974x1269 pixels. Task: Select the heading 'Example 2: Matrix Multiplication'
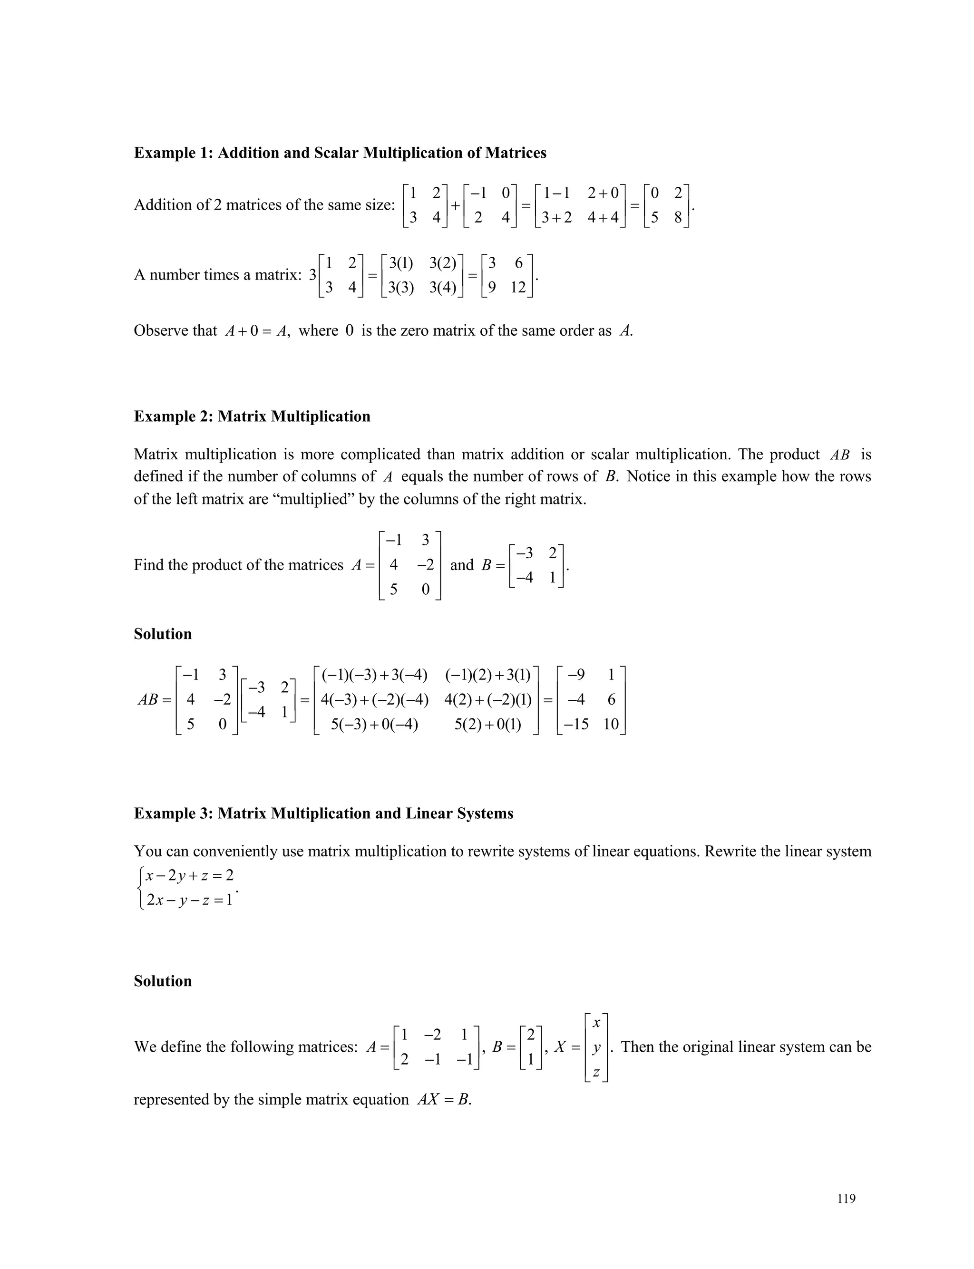point(252,417)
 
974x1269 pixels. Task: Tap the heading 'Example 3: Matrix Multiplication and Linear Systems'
point(323,814)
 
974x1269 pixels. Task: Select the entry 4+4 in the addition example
point(603,218)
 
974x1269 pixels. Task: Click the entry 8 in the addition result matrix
point(678,218)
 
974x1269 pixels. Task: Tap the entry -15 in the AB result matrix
point(576,724)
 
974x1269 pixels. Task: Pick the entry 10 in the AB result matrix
point(611,724)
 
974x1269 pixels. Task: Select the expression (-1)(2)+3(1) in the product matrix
point(488,675)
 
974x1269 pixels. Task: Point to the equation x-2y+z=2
point(190,875)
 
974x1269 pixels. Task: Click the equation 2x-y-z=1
point(190,900)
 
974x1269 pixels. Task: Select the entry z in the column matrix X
point(596,1073)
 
